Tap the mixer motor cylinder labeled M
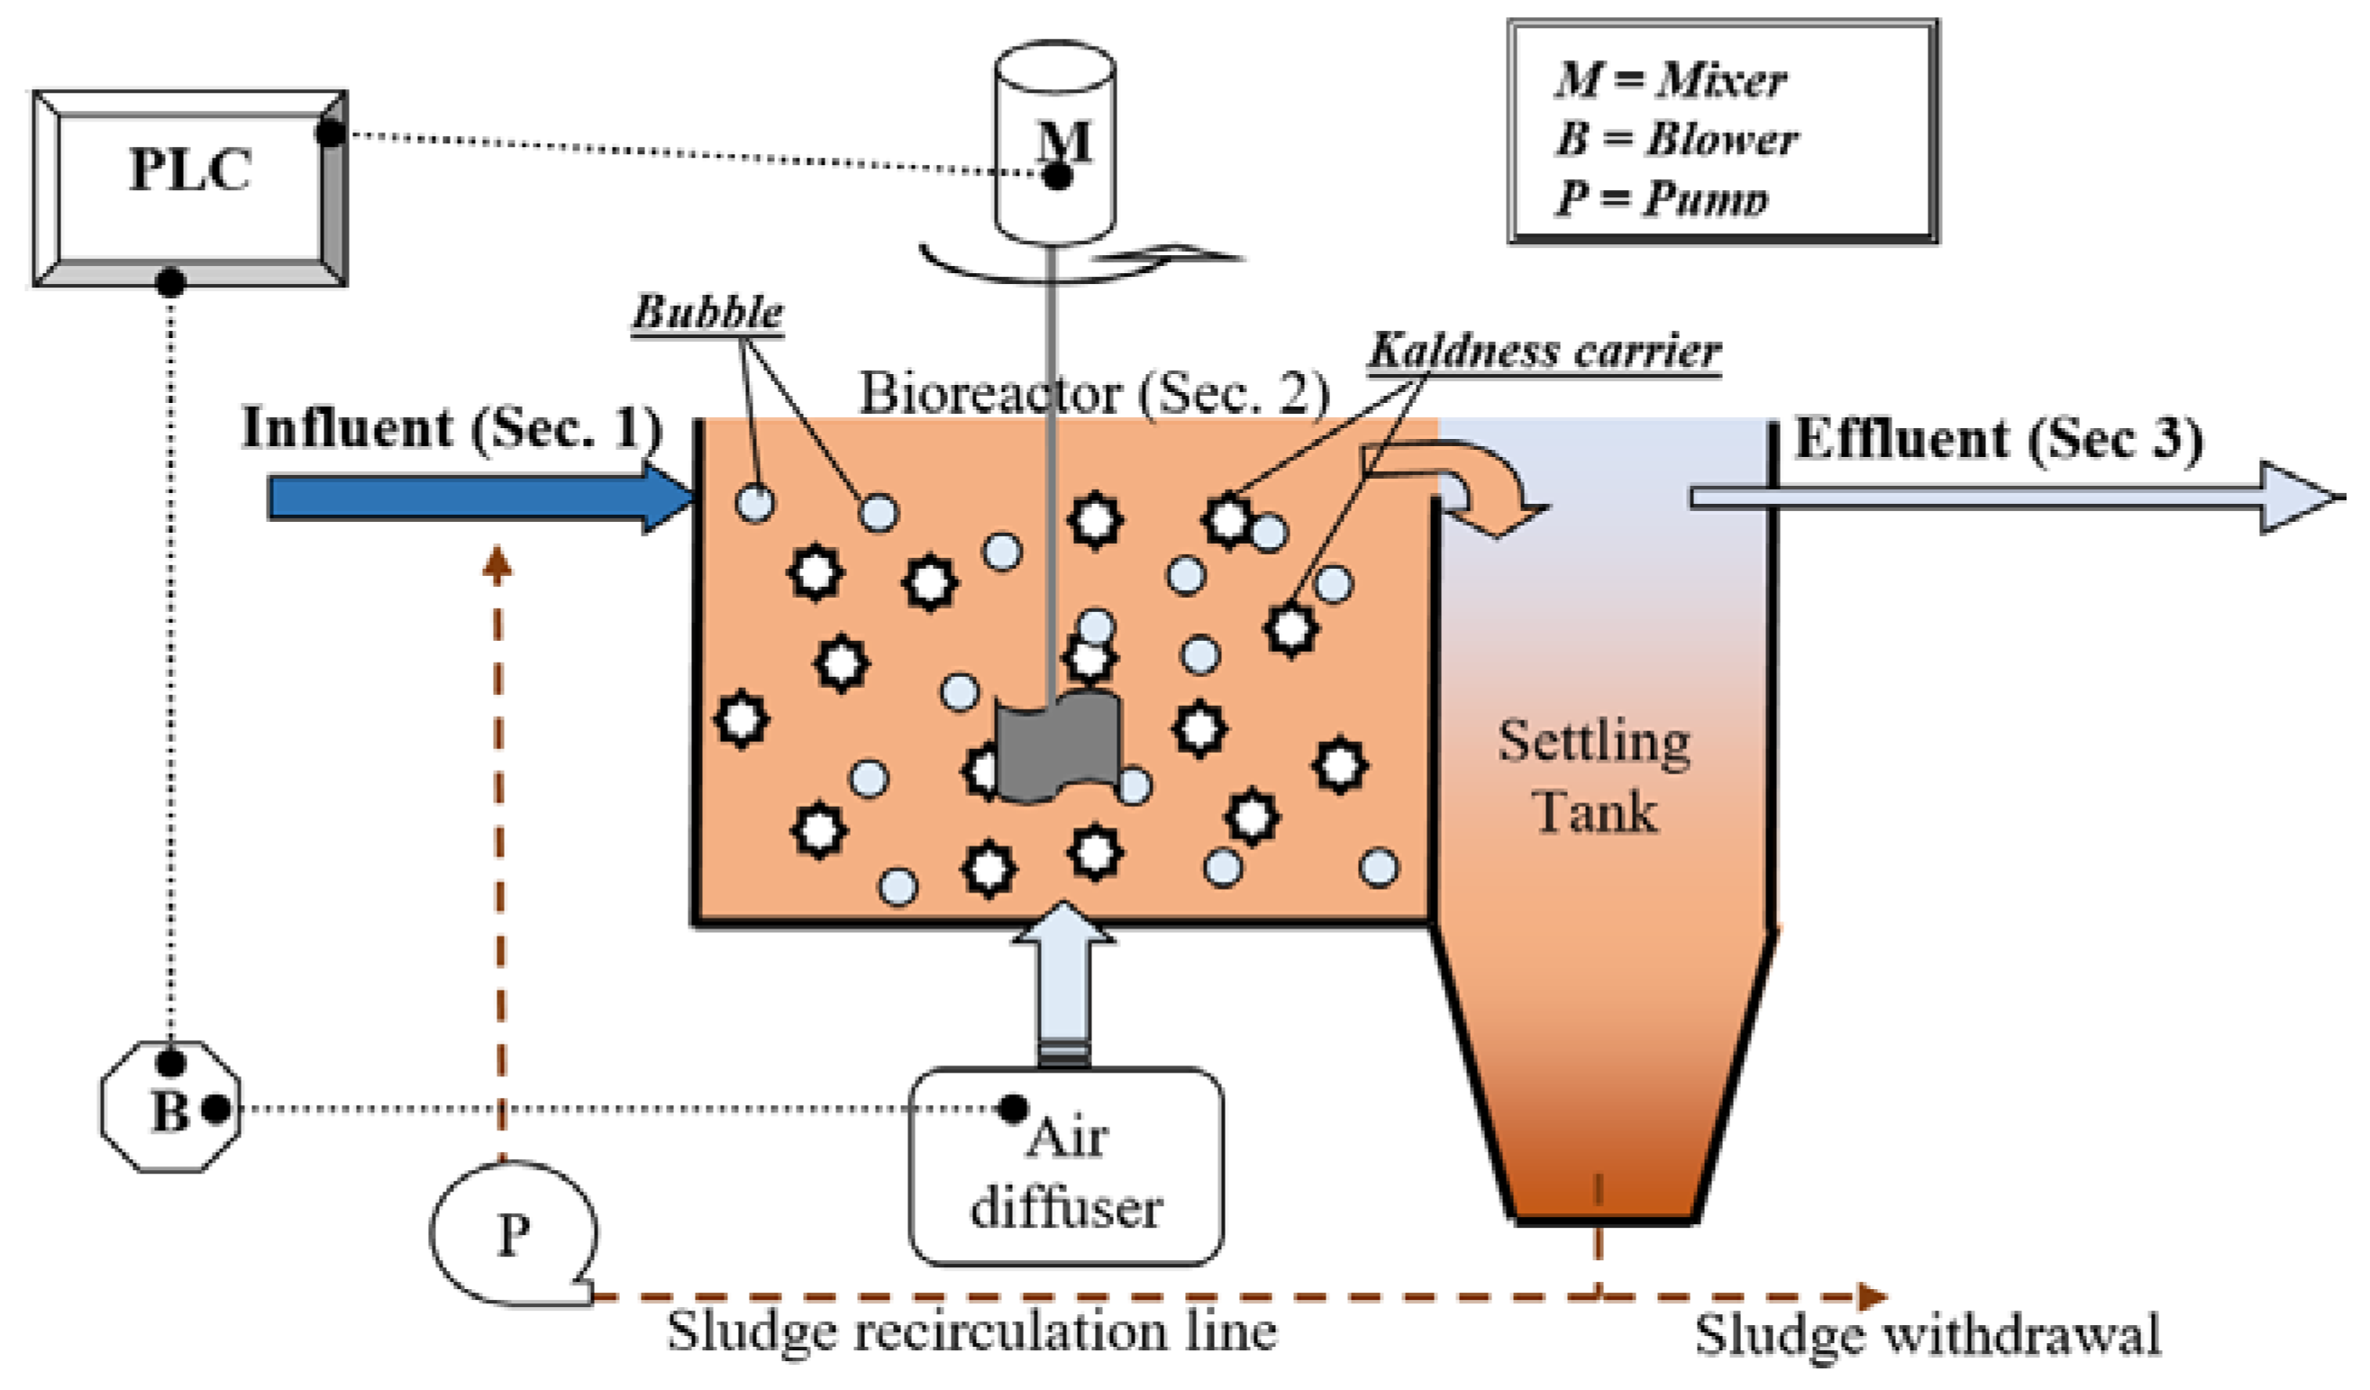1055,141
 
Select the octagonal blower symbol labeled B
170,1108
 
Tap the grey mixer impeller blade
1057,747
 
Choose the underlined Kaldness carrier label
1545,352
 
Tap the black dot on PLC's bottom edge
170,280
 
